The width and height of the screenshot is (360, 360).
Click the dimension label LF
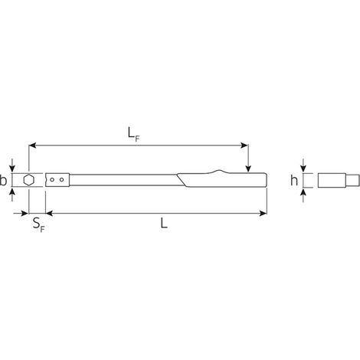coord(134,135)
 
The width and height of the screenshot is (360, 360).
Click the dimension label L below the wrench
coord(164,224)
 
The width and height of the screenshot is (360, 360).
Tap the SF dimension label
coord(39,225)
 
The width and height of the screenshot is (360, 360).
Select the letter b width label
coord(3,180)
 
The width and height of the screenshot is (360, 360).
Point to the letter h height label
coord(294,180)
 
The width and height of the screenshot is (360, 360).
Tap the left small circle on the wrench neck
coord(52,180)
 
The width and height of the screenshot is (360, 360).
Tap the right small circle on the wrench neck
coord(61,180)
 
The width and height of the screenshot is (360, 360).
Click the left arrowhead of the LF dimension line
coord(32,146)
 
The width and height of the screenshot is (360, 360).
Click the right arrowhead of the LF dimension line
coord(244,146)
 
